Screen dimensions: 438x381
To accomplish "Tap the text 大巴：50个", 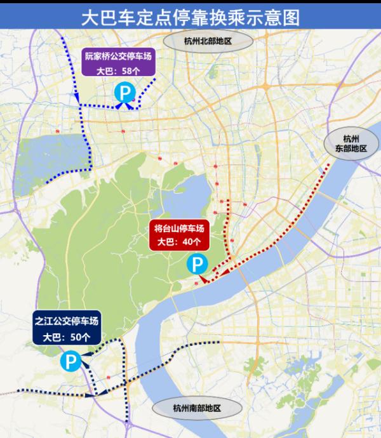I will click(67, 338).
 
